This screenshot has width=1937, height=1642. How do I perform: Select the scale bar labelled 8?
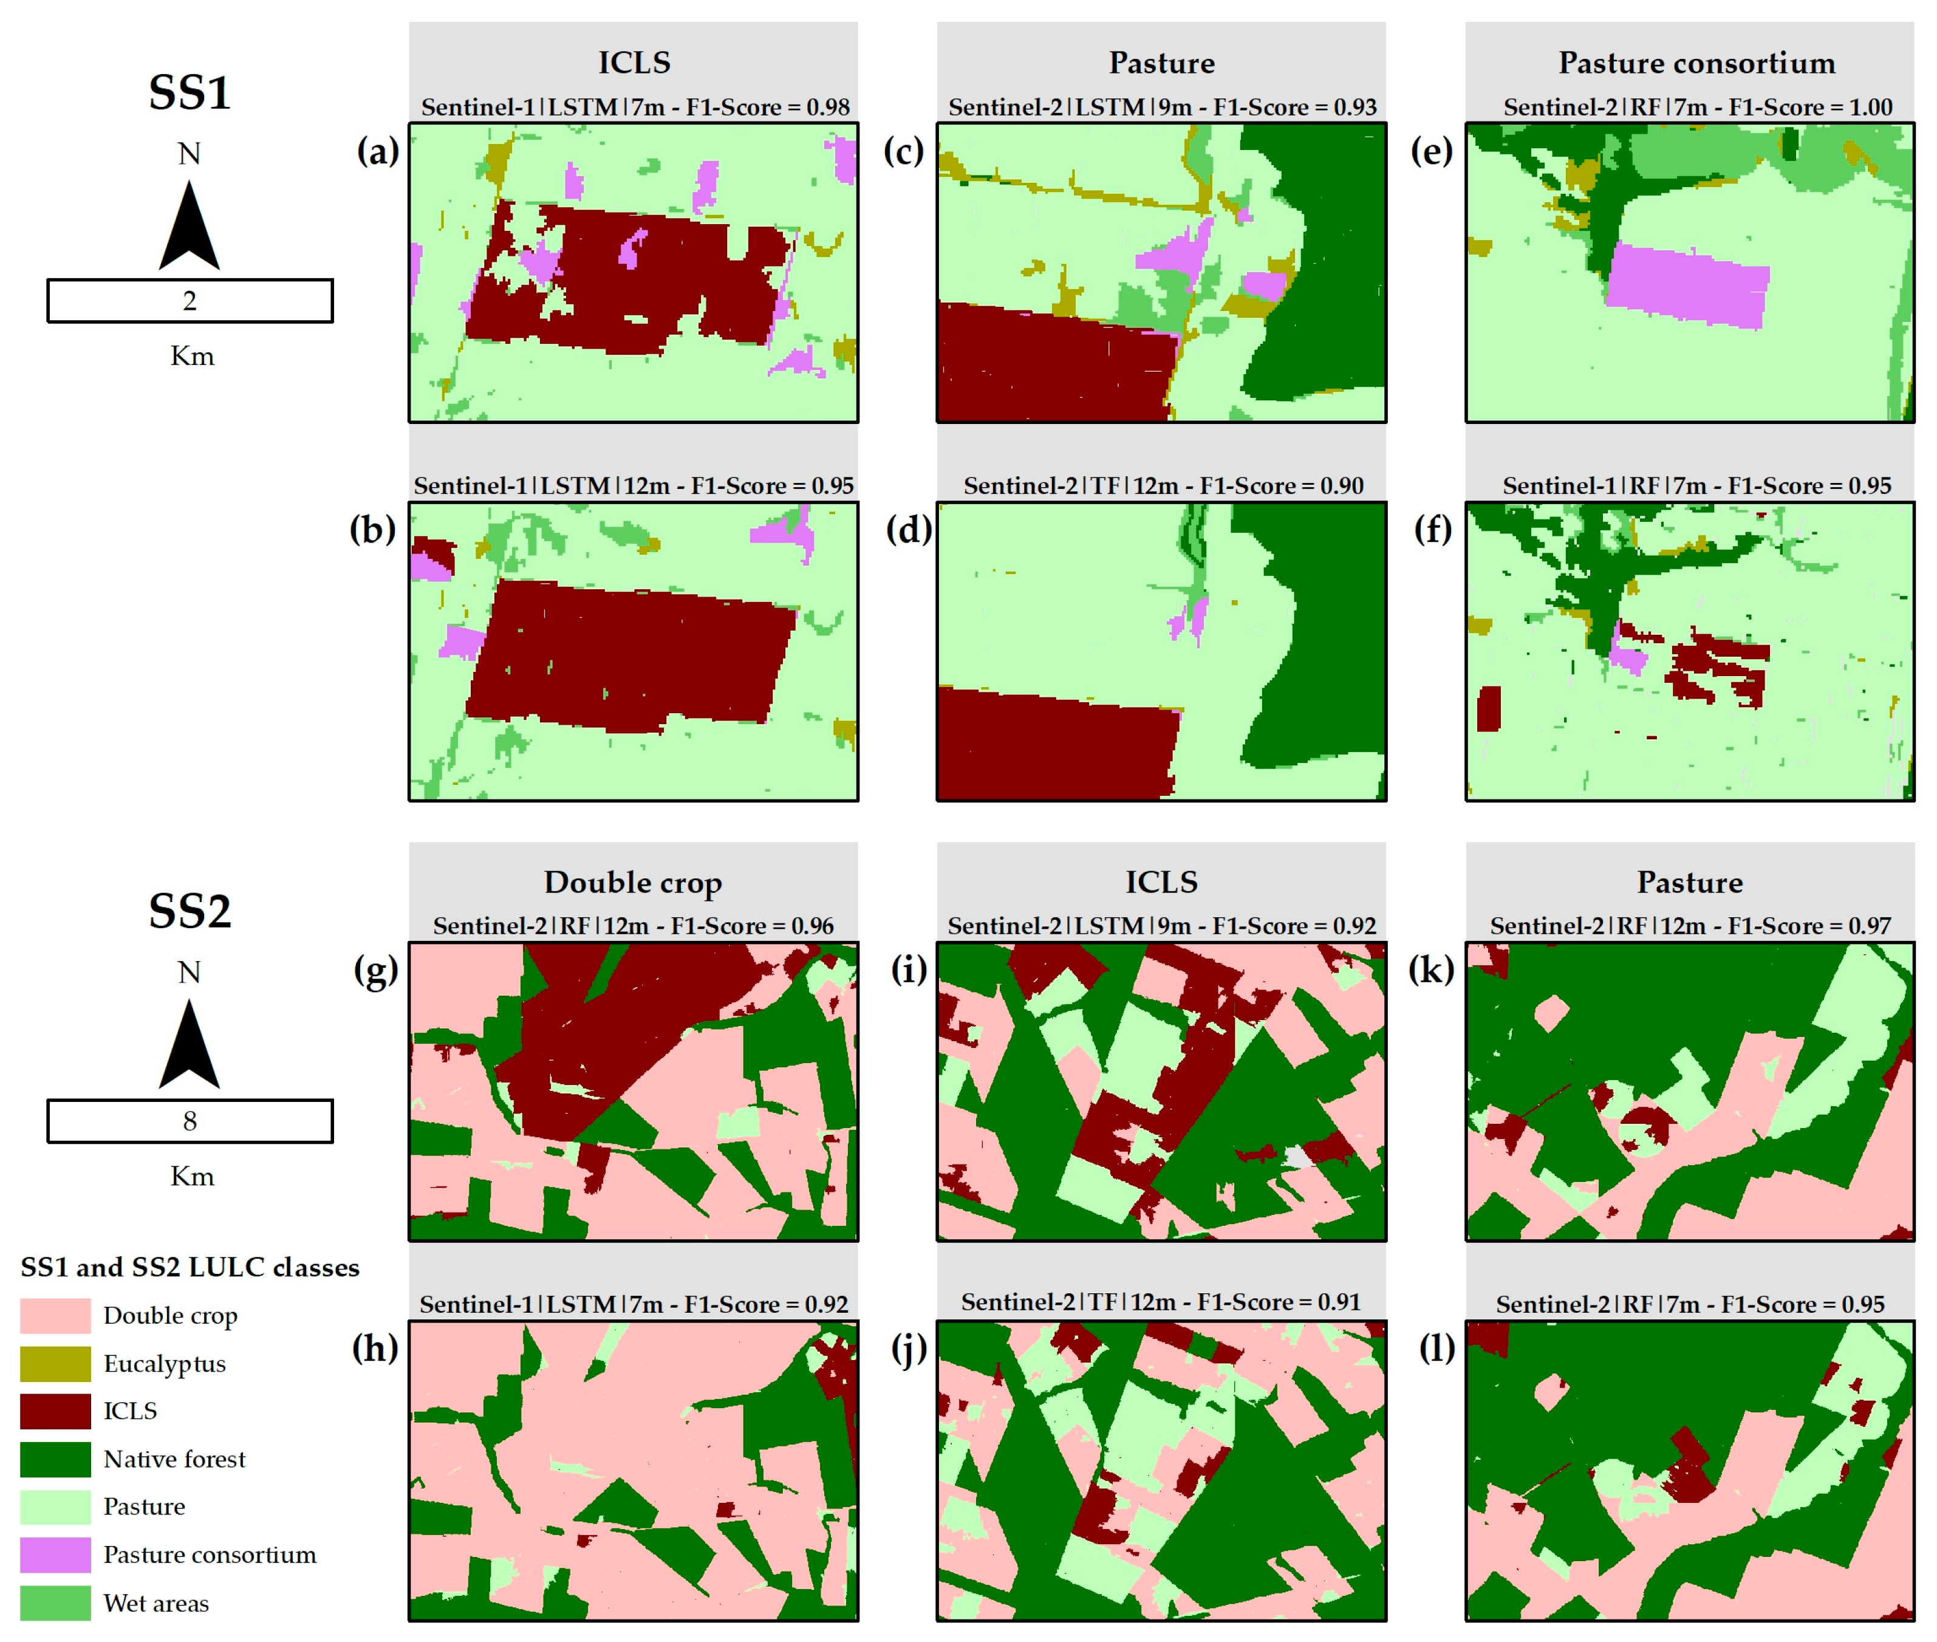[x=190, y=1121]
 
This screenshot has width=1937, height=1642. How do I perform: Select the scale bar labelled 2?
[x=190, y=301]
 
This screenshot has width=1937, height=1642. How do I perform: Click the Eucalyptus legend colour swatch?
[x=56, y=1364]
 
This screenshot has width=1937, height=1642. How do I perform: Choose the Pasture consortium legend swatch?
[x=56, y=1555]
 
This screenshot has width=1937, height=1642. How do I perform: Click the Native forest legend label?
[x=174, y=1459]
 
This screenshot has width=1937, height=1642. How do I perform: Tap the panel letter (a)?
[x=377, y=151]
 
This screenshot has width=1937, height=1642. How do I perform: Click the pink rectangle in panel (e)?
[x=1687, y=286]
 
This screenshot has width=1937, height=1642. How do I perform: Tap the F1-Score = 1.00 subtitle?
[x=1698, y=107]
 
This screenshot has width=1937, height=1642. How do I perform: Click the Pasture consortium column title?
[x=1697, y=63]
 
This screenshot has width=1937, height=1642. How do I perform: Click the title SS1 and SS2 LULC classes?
[x=190, y=1267]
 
